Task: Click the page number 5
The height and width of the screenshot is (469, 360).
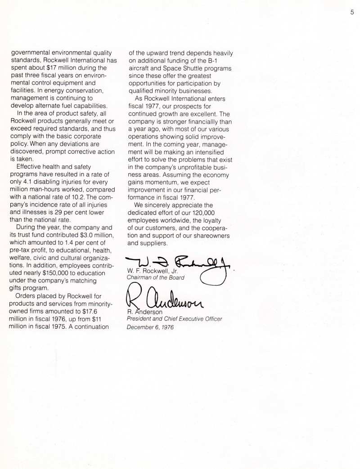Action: click(352, 12)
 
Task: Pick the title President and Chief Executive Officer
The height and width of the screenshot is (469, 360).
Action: click(175, 319)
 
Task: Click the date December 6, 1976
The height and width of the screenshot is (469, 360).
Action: click(150, 327)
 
